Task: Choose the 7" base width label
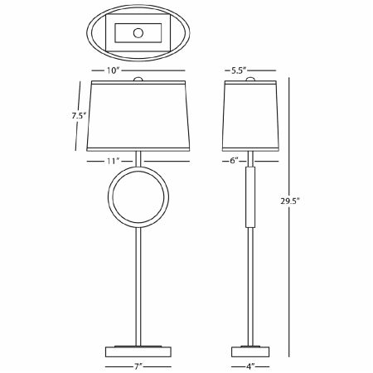138,364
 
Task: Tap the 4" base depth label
249,364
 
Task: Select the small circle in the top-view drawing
138,34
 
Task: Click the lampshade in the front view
138,116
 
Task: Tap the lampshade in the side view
249,116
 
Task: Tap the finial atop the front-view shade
138,80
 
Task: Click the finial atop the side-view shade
249,80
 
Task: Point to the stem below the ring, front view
138,282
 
